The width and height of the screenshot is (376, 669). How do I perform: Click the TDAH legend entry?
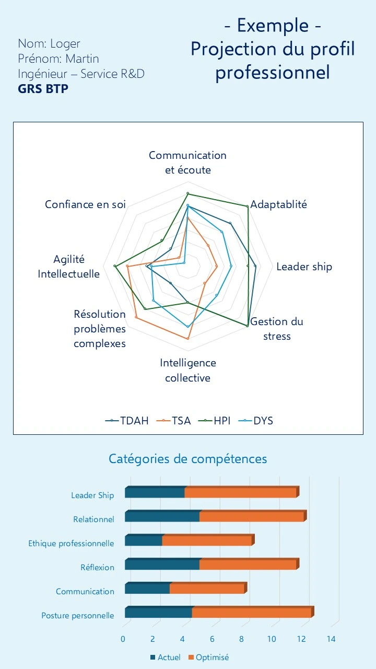click(127, 420)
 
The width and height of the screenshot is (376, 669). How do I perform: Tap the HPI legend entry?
click(215, 420)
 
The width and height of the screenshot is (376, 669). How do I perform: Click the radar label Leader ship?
click(304, 267)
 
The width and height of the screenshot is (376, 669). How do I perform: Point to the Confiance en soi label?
click(85, 204)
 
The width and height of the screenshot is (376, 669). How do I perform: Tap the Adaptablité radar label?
click(279, 204)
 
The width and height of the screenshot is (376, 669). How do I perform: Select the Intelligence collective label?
click(188, 370)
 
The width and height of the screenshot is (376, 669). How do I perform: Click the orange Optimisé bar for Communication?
click(207, 589)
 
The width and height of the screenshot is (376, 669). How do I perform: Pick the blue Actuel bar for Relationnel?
click(162, 517)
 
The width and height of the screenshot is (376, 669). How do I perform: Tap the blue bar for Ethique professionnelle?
click(144, 541)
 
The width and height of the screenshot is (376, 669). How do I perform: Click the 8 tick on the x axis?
click(242, 639)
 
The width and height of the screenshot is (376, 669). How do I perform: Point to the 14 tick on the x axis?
click(331, 639)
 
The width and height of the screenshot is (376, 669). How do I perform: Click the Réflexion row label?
click(97, 567)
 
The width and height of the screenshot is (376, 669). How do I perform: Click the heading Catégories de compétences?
click(187, 458)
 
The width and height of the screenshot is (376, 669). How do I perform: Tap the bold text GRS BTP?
click(43, 88)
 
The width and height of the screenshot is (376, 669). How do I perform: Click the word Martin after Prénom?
click(82, 59)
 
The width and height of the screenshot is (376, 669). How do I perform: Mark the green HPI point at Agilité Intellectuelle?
click(115, 267)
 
